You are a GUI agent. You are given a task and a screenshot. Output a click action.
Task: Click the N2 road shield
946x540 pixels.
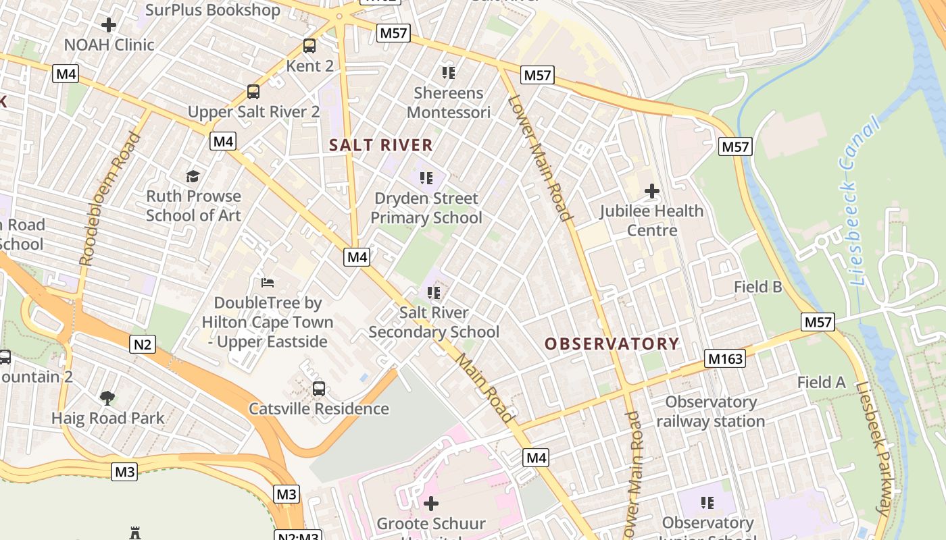143,345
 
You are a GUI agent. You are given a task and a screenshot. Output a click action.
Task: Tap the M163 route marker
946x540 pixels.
725,358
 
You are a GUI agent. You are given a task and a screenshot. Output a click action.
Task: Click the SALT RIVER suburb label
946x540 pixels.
381,145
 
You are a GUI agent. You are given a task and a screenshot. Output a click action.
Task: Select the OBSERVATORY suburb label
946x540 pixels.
612,344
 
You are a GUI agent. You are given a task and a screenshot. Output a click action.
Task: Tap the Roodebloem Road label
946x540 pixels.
109,198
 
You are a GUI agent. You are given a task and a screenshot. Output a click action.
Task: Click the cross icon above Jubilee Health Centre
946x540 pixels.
652,191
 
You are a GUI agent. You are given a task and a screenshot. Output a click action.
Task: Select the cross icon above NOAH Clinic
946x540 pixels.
109,25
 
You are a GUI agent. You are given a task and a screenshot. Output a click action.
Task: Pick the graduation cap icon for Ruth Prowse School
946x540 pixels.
193,176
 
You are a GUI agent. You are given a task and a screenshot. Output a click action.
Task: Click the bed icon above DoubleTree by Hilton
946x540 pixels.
268,282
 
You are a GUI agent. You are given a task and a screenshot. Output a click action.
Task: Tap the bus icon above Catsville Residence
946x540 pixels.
319,388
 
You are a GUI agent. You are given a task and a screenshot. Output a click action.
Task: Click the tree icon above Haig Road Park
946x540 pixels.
107,398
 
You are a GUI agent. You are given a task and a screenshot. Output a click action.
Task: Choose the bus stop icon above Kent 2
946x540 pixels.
309,46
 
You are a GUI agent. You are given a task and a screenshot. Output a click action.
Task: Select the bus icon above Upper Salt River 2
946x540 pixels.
253,92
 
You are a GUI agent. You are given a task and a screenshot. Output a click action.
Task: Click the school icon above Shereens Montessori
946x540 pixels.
448,72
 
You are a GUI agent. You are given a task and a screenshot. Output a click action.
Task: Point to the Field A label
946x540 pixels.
821,383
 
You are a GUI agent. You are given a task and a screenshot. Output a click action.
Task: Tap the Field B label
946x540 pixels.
758,287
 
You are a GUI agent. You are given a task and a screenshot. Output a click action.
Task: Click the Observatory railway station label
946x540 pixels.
710,412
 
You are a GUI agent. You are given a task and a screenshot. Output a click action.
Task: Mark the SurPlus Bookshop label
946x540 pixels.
212,10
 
